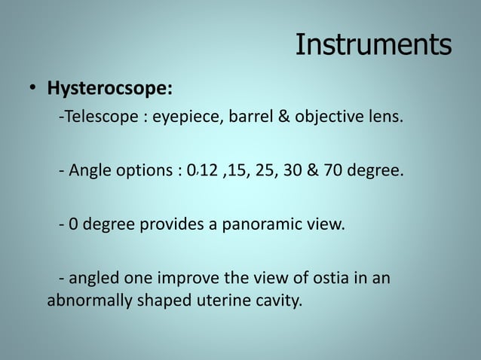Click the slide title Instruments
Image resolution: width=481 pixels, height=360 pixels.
tap(373, 45)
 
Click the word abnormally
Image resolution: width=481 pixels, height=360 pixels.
tap(85, 303)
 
